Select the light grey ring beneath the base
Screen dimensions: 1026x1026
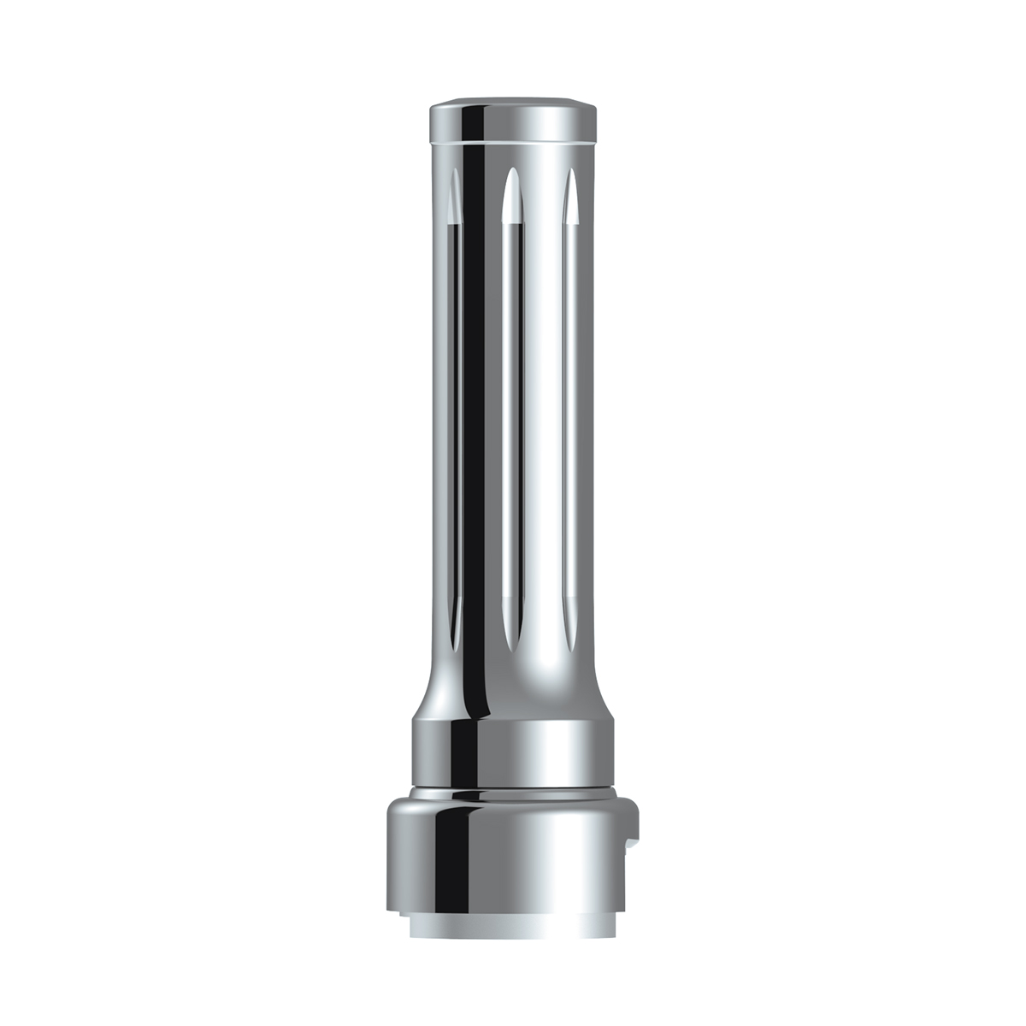tap(513, 924)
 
